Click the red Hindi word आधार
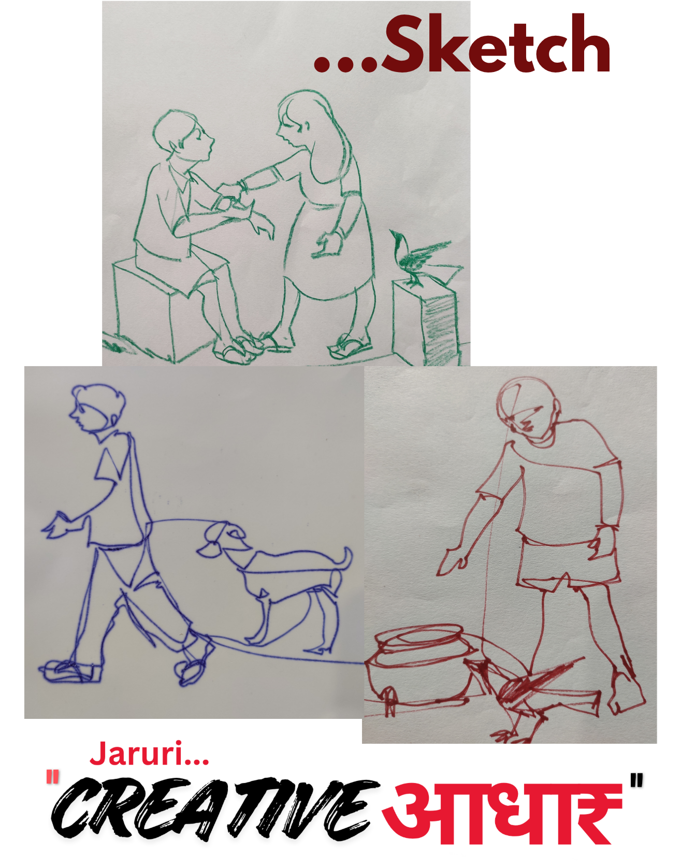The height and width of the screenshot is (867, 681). (x=501, y=813)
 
